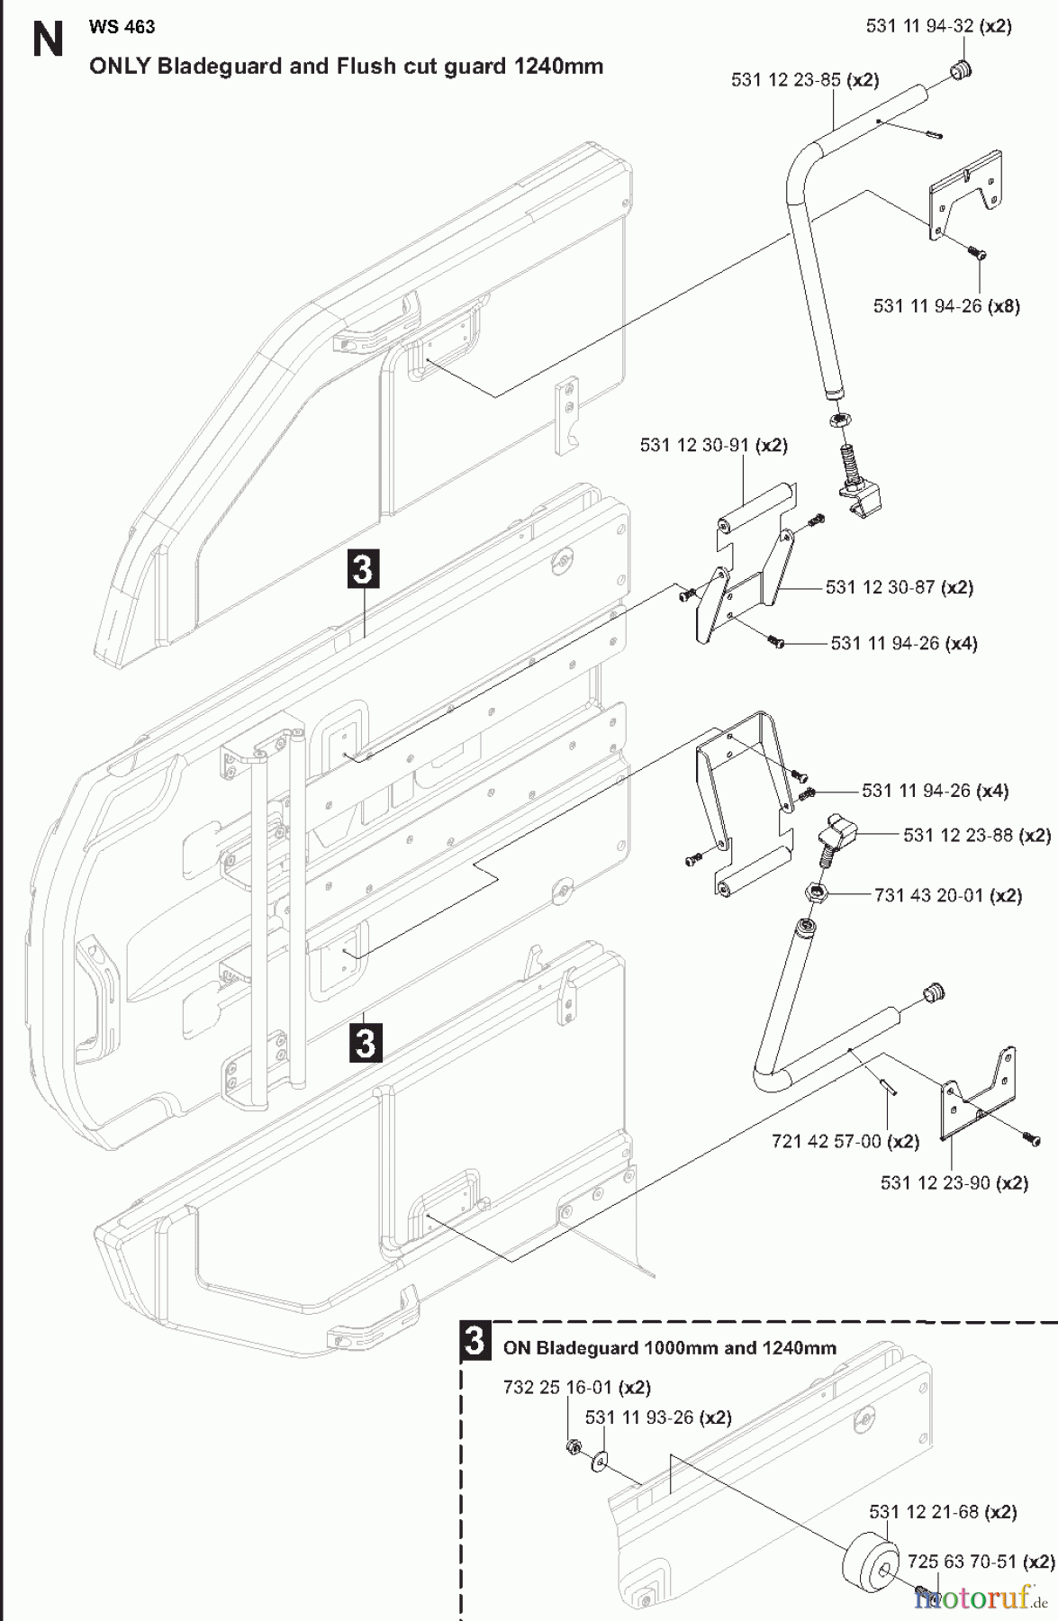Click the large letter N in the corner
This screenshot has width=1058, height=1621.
48,41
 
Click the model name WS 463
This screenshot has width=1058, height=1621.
122,27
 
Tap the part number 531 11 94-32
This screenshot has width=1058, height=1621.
919,26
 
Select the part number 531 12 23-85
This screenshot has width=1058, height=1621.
785,80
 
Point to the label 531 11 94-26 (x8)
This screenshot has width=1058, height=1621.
946,306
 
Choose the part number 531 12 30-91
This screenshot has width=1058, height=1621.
694,445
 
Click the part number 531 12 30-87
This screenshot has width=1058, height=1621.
880,587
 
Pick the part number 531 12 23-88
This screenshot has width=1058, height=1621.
957,835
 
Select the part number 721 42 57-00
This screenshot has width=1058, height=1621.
826,1141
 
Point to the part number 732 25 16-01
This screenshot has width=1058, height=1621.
557,1387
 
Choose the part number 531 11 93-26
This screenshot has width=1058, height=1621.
639,1417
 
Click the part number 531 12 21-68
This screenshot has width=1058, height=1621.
923,1512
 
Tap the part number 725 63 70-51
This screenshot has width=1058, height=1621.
961,1561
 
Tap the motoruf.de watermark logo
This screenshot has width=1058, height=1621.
981,1598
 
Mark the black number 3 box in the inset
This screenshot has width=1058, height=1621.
475,1341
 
